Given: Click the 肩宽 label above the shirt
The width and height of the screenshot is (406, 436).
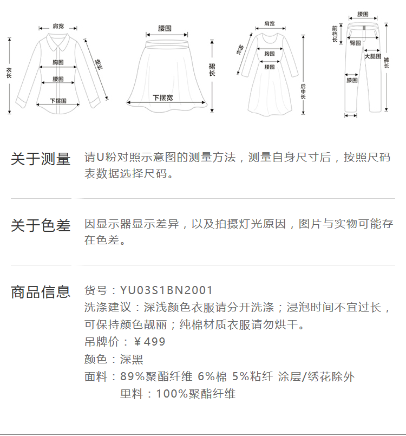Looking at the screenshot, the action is point(58,26).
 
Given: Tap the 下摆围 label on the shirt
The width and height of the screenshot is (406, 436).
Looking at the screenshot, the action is point(58,101).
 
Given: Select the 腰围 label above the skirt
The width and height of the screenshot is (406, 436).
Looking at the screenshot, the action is point(165,28).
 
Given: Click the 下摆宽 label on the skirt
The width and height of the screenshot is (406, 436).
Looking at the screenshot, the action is point(162,97).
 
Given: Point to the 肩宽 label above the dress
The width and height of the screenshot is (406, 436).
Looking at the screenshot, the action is point(269,24).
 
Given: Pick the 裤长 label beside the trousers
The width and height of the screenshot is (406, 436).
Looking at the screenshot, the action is point(387,62).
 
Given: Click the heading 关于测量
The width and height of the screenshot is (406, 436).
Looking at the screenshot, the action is point(41,159).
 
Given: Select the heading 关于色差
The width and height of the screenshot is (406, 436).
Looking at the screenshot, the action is point(41,225).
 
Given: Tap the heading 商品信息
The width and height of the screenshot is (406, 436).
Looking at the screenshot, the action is point(41,292).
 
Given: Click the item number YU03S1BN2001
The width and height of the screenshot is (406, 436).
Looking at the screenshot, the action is point(167,291).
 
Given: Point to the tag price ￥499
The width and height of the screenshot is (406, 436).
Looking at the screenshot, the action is point(149,342).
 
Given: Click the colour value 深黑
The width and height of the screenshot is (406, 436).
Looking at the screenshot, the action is point(132,360).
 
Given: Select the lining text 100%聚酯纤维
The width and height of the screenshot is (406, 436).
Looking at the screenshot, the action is point(196,394).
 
